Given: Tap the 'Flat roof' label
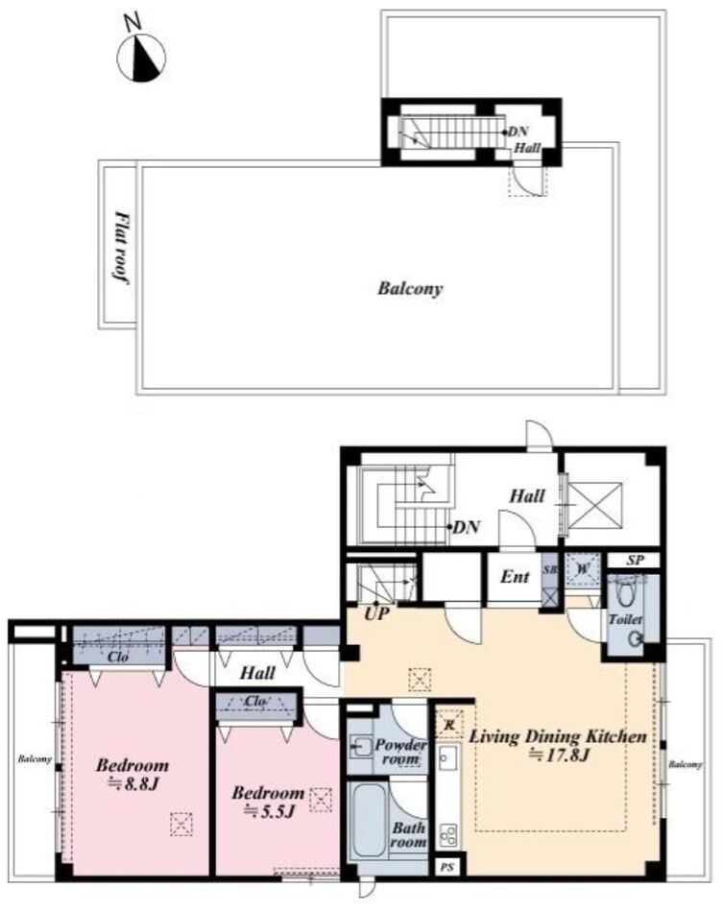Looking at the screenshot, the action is (x=121, y=248).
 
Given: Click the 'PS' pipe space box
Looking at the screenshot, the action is (x=447, y=868).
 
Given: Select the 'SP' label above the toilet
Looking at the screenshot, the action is (x=636, y=561).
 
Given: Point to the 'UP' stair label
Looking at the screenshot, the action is (x=377, y=613).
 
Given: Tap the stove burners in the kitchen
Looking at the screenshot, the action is (x=447, y=835).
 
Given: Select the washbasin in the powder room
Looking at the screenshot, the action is (x=362, y=746).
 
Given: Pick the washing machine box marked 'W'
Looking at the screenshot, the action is (x=582, y=569).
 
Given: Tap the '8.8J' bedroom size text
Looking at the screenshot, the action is (x=135, y=783).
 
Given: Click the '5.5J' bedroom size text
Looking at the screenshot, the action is (x=269, y=811).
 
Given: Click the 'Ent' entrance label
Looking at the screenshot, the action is (x=515, y=577).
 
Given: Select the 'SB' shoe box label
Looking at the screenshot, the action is (x=549, y=570).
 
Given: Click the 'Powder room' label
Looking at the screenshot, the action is (x=400, y=752).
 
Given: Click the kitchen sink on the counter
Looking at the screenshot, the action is (x=447, y=757).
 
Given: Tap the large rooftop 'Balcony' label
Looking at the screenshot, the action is (x=411, y=289).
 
